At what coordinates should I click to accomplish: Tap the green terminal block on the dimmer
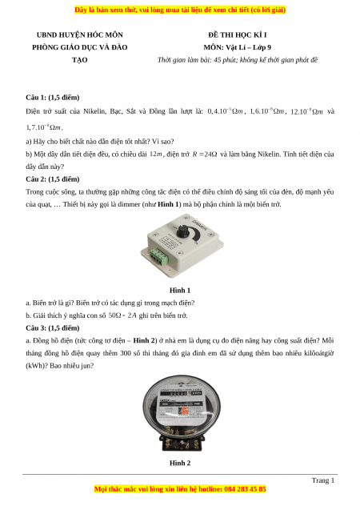[160, 255]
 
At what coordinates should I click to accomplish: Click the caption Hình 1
[180, 290]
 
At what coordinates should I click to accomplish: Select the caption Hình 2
[180, 463]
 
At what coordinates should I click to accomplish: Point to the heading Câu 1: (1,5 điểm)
[53, 98]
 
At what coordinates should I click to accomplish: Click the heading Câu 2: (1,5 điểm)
[53, 179]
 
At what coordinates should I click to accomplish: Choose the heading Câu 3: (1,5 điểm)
[53, 328]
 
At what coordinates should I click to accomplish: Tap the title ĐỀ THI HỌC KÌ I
[237, 34]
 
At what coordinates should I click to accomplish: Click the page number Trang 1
[323, 480]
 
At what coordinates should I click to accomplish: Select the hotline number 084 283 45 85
[245, 489]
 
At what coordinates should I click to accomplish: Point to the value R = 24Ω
[205, 155]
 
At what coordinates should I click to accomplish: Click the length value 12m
[156, 155]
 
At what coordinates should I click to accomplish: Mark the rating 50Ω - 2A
[122, 315]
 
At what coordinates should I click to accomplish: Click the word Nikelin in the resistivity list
[94, 111]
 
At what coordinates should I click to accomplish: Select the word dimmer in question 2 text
[129, 205]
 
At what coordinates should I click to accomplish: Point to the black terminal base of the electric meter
[181, 444]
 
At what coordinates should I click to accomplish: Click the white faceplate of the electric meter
[180, 404]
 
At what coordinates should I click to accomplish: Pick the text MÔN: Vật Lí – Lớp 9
[237, 47]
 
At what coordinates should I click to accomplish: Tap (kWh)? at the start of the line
[36, 366]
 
